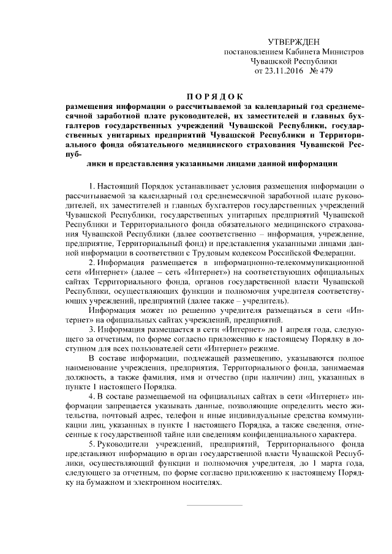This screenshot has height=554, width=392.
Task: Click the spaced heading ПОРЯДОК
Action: (x=214, y=96)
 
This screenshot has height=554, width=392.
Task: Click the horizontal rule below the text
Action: (x=214, y=505)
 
